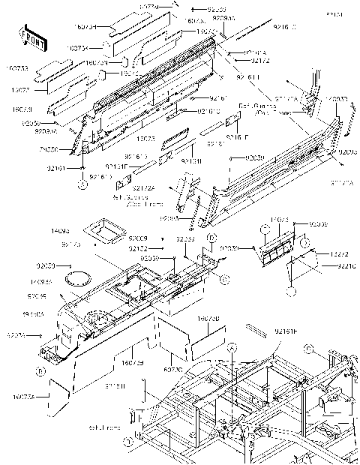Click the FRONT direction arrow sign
tap(29, 36)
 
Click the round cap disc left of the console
tap(75, 278)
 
